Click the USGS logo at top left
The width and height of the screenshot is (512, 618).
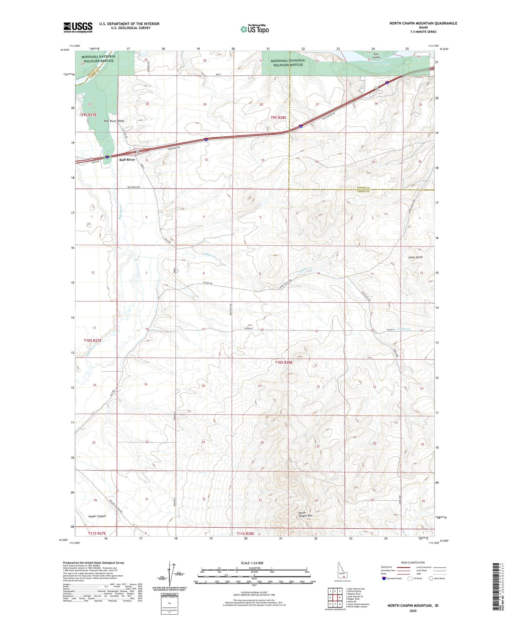(78, 27)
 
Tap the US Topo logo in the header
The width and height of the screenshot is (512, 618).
(255, 29)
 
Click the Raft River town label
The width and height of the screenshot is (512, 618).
(127, 160)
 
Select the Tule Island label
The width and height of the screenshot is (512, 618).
(376, 56)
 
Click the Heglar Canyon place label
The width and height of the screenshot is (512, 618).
(97, 516)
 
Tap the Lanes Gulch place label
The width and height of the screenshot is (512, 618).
(415, 257)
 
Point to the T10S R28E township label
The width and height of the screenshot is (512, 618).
(284, 362)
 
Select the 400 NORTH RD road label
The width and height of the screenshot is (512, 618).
(133, 187)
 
